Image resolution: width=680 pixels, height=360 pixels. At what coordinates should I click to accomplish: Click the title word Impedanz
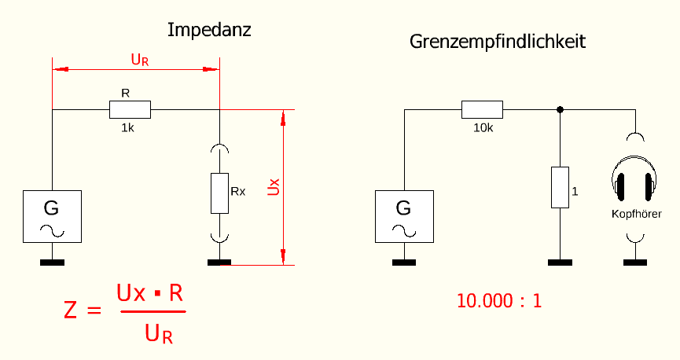click(x=208, y=31)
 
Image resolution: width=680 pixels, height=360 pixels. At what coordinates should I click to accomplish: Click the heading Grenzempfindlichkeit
click(x=497, y=42)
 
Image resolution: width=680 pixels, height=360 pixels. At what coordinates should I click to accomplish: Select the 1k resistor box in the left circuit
click(x=129, y=110)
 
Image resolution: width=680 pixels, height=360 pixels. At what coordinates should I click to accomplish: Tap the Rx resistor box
click(x=219, y=193)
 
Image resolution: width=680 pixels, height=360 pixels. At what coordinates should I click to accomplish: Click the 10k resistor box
click(x=481, y=109)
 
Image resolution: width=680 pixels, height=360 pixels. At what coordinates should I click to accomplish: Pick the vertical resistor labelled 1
click(x=559, y=187)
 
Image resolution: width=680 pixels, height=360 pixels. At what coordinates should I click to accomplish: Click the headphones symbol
click(x=636, y=181)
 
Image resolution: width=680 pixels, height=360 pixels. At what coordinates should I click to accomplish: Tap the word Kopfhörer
click(x=636, y=214)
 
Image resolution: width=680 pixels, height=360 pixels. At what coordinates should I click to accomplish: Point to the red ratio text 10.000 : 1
click(x=499, y=300)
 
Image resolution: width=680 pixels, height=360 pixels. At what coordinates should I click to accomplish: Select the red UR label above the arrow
click(x=139, y=59)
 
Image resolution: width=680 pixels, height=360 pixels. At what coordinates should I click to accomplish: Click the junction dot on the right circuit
click(x=559, y=109)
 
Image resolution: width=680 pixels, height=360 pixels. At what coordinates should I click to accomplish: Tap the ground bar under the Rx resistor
click(x=219, y=263)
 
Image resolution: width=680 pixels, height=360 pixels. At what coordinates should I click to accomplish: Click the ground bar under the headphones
click(x=636, y=263)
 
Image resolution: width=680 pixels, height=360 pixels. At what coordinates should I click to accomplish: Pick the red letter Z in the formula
click(x=72, y=310)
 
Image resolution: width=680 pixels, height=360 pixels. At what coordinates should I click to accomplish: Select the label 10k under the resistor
click(x=483, y=127)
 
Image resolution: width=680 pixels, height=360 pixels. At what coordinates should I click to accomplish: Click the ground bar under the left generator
click(x=52, y=263)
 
